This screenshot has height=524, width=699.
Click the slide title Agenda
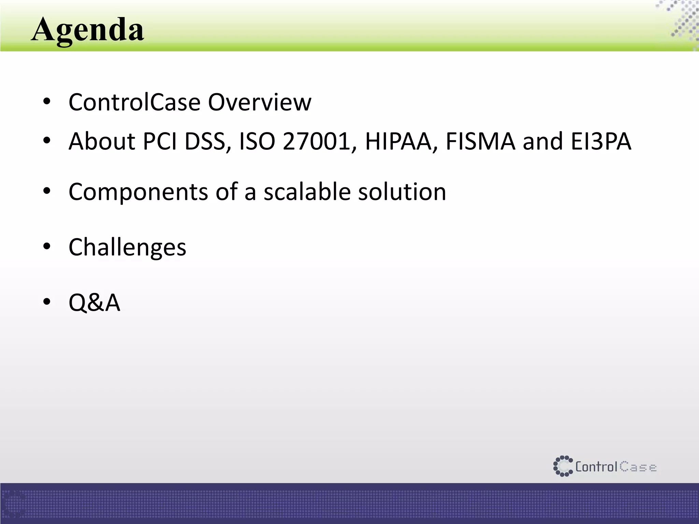pos(88,30)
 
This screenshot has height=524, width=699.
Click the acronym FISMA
pos(480,141)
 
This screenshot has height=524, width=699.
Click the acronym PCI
pos(160,141)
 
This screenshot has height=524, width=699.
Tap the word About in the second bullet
pos(102,141)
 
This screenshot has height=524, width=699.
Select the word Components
pos(138,192)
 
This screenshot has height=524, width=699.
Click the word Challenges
pos(127,247)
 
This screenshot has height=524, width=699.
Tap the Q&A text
pos(95,303)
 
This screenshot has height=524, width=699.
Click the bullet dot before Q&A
pos(47,302)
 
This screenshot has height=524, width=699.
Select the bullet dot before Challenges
pos(47,246)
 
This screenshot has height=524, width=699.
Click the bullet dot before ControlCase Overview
pos(47,101)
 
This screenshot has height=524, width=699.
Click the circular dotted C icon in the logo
pos(562,466)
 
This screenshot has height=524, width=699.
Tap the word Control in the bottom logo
pos(596,467)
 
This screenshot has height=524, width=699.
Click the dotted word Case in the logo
pos(638,467)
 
